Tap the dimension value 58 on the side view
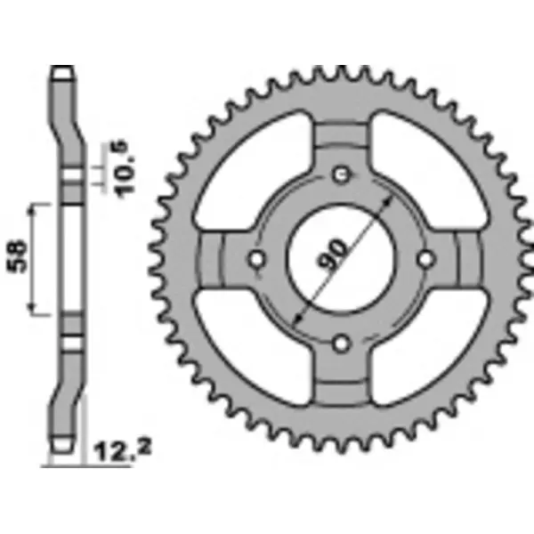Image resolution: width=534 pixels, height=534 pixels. pyautogui.click(x=19, y=257)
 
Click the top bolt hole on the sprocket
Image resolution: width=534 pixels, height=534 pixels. pyautogui.click(x=341, y=174)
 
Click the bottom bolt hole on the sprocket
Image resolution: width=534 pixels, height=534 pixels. pyautogui.click(x=341, y=342)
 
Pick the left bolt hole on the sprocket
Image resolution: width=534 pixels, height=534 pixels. pyautogui.click(x=257, y=259)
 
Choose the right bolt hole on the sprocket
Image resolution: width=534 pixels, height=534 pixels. pyautogui.click(x=425, y=259)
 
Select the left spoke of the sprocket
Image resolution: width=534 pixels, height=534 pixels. pyautogui.click(x=218, y=259)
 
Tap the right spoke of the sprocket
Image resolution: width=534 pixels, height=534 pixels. pyautogui.click(x=463, y=259)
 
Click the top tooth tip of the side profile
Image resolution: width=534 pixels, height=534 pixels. pyautogui.click(x=61, y=72)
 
